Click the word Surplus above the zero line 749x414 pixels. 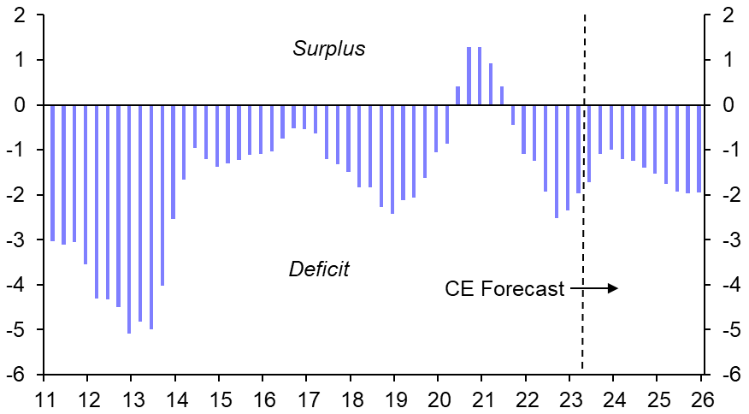[x=328, y=49]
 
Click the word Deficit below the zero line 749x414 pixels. [x=319, y=269]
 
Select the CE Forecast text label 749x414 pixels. [x=504, y=289]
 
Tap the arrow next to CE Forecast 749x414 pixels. [x=594, y=289]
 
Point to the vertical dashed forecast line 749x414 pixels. [x=584, y=214]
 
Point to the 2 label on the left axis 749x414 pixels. [x=19, y=15]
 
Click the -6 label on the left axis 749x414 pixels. [x=16, y=376]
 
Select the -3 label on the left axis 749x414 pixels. [x=16, y=240]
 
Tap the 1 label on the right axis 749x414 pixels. [x=727, y=61]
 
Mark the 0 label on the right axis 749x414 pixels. [x=727, y=105]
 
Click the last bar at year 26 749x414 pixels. [x=699, y=149]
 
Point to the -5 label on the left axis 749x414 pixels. [x=16, y=331]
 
